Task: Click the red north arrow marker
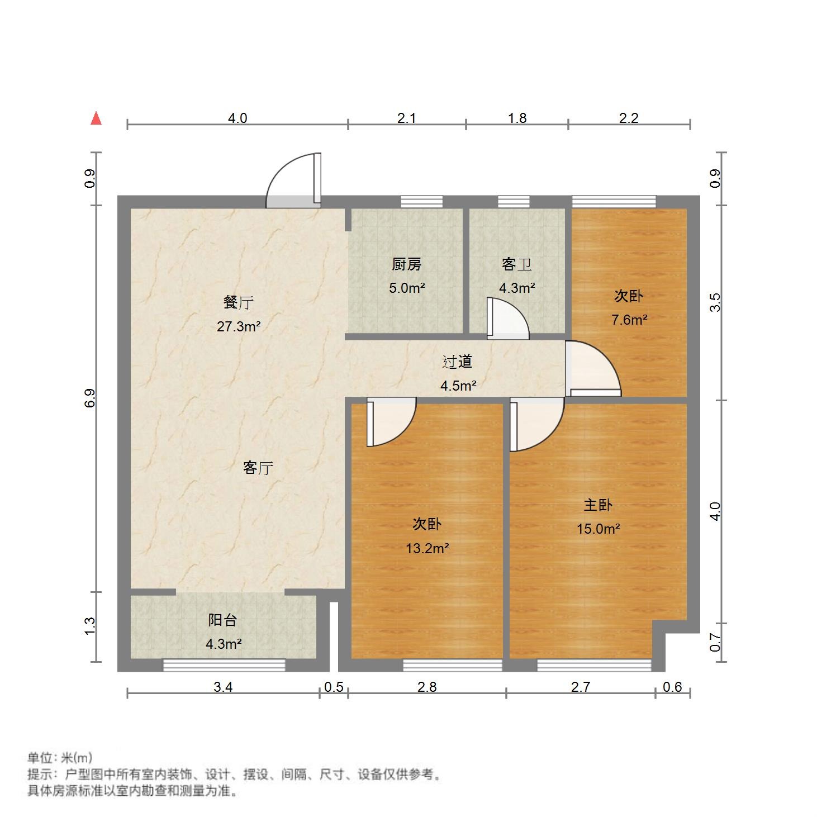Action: pyautogui.click(x=96, y=118)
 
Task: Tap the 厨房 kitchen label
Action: pyautogui.click(x=406, y=264)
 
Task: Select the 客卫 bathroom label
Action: pyautogui.click(x=516, y=264)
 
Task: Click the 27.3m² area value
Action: pyautogui.click(x=239, y=326)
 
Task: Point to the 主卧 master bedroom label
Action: pyautogui.click(x=598, y=505)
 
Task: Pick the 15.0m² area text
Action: pyautogui.click(x=598, y=529)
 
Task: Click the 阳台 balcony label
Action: pyautogui.click(x=222, y=620)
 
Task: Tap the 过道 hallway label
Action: pyautogui.click(x=457, y=362)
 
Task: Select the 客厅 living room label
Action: pyautogui.click(x=258, y=467)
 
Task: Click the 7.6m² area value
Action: pyautogui.click(x=629, y=320)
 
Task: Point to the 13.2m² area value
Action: pyautogui.click(x=427, y=548)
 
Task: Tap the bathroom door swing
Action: pyautogui.click(x=507, y=319)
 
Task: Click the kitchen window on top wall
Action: pyautogui.click(x=421, y=202)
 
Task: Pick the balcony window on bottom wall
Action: pyautogui.click(x=224, y=665)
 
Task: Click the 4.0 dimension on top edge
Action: pyautogui.click(x=237, y=118)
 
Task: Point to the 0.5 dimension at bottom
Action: pyautogui.click(x=334, y=687)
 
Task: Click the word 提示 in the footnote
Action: pyautogui.click(x=39, y=775)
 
